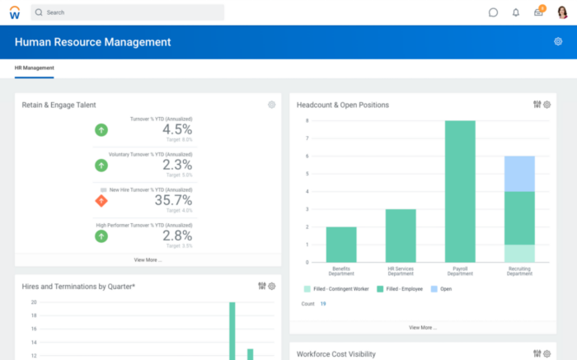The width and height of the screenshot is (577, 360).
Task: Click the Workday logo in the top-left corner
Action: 14,12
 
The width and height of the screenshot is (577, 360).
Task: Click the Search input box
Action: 128,12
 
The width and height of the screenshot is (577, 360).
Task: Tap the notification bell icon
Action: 516,12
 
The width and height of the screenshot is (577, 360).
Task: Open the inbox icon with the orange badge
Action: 538,12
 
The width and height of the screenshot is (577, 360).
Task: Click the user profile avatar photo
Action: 563,12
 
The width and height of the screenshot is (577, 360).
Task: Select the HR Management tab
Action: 34,68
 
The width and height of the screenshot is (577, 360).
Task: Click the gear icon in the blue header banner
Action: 558,42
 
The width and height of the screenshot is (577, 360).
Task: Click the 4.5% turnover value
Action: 176,129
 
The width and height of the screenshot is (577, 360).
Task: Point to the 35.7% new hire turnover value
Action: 173,200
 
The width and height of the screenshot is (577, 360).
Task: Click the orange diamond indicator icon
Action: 101,200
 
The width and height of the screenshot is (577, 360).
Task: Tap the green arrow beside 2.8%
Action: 101,236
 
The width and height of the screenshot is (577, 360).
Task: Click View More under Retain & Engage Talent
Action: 148,259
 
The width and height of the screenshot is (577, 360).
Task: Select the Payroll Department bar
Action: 460,191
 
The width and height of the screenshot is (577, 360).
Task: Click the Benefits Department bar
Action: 341,244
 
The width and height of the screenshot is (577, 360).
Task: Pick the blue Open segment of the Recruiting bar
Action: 519,173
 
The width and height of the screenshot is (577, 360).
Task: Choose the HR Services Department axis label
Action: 401,271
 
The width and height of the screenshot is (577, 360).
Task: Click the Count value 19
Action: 323,304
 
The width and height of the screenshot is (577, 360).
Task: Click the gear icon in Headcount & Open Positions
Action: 548,105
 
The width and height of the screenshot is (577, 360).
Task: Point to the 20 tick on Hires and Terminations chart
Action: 34,302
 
